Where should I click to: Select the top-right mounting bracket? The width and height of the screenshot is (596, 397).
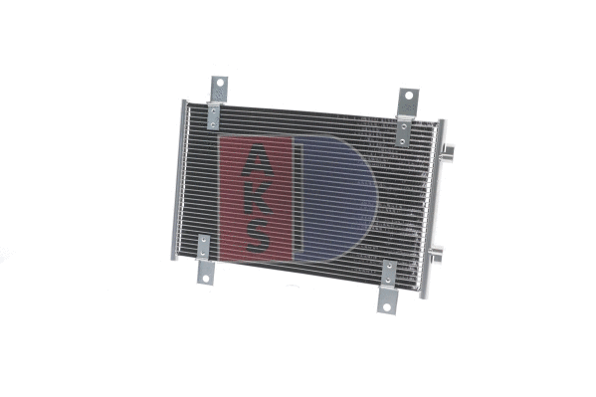tap(407, 113)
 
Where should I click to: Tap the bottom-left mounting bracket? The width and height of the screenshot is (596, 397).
tap(205, 259)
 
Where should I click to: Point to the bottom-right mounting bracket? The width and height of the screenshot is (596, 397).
tap(389, 287)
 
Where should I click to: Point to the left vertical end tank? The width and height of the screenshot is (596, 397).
tap(180, 179)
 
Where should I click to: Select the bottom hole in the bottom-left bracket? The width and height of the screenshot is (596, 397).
tap(205, 276)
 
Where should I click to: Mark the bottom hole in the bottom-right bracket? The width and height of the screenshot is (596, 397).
tap(388, 303)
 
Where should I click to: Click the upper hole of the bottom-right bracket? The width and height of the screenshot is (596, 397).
tap(390, 272)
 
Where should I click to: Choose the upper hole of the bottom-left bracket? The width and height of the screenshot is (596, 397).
tap(204, 244)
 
